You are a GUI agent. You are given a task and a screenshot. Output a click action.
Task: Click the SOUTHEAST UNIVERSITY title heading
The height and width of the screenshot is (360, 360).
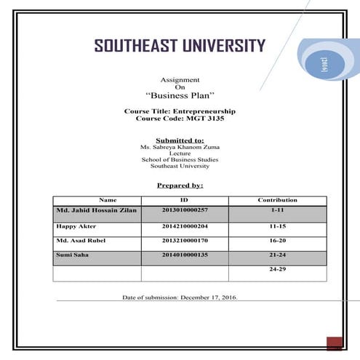tap(180, 47)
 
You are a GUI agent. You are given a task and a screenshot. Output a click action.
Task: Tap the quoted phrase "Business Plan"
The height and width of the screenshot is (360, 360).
tap(180, 95)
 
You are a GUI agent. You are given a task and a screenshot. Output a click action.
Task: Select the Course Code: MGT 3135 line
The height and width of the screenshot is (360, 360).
tap(180, 118)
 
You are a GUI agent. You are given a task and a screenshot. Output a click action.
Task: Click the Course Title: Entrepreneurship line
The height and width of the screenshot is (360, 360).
tap(180, 111)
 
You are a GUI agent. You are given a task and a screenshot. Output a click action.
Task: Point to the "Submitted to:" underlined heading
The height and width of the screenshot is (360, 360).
tap(180, 140)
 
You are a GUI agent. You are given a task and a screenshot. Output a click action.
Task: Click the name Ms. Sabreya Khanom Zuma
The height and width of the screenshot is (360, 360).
tap(180, 147)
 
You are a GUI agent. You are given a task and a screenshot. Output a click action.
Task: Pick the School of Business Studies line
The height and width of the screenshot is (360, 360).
tap(180, 159)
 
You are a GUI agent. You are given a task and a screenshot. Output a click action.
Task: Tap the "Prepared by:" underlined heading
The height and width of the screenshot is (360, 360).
tap(180, 185)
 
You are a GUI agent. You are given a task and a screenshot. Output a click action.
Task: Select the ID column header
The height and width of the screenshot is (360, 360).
tap(184, 200)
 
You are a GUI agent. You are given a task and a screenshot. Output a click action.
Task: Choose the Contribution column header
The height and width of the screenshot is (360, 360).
tap(277, 200)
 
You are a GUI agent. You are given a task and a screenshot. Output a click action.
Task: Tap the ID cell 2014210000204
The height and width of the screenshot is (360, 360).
tap(185, 226)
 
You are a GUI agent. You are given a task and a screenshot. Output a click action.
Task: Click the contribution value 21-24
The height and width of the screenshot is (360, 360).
tap(278, 255)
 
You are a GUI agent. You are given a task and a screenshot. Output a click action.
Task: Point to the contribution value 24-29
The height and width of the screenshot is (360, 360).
tap(278, 269)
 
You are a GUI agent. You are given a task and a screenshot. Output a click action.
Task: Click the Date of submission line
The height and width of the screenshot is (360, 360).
tap(180, 297)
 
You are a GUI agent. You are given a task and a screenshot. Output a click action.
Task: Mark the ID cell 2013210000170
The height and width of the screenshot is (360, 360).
tap(185, 241)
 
